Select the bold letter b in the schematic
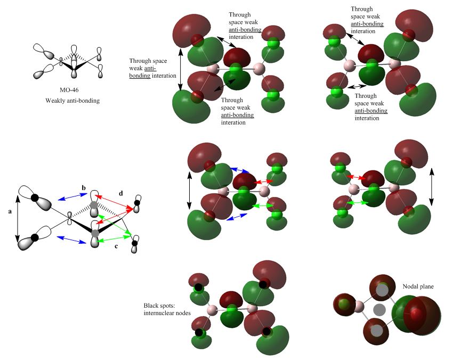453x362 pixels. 83,188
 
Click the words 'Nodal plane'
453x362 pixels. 418,286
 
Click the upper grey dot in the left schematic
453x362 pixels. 94,205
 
